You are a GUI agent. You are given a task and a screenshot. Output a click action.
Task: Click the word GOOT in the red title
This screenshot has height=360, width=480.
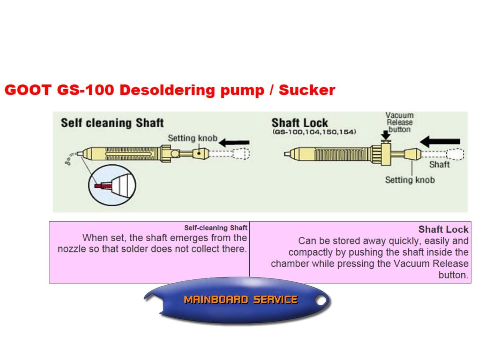pyautogui.click(x=28, y=90)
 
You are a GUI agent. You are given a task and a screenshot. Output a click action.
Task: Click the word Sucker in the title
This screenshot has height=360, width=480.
pyautogui.click(x=307, y=90)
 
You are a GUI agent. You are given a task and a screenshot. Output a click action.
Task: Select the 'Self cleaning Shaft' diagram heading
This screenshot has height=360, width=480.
pyautogui.click(x=112, y=123)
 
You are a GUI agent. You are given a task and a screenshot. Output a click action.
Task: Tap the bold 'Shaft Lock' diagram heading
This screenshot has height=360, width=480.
pyautogui.click(x=300, y=122)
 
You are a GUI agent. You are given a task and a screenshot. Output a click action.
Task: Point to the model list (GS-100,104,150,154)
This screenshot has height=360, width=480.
pyautogui.click(x=314, y=132)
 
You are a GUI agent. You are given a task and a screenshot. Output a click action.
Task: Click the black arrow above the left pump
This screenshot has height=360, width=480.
pyautogui.click(x=234, y=142)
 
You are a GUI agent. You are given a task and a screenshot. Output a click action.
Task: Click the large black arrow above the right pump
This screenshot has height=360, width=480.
pyautogui.click(x=440, y=142)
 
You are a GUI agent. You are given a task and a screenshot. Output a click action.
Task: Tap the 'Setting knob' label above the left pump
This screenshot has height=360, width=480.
pyautogui.click(x=192, y=138)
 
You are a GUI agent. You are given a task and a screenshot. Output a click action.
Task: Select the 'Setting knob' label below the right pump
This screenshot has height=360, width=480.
pyautogui.click(x=410, y=180)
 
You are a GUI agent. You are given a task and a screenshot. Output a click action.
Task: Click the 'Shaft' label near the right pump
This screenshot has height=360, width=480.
pyautogui.click(x=439, y=164)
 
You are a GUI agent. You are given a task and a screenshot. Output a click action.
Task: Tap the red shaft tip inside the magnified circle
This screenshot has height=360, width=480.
pyautogui.click(x=103, y=186)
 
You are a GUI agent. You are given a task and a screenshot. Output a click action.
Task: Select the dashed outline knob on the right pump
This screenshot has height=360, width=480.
pyautogui.click(x=455, y=154)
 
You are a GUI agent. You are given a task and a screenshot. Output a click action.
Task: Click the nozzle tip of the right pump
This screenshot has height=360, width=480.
pyautogui.click(x=286, y=154)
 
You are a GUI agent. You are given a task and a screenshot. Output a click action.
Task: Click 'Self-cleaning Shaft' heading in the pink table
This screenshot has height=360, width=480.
pyautogui.click(x=216, y=228)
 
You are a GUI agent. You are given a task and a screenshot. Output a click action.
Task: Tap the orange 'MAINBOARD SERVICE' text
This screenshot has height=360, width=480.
pyautogui.click(x=240, y=300)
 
